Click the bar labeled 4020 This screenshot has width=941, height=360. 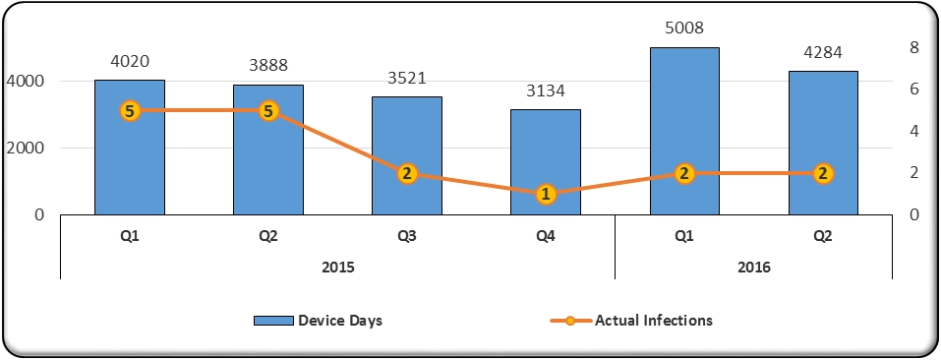pos(130,157)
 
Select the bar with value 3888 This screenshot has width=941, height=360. pos(268,157)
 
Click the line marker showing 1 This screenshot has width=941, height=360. pos(546,195)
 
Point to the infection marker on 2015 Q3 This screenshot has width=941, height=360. pos(407,174)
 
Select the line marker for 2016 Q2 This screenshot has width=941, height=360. pos(824,174)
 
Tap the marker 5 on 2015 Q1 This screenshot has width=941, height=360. pos(130,111)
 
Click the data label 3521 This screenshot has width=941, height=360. pos(407,78)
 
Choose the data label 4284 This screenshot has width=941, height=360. pos(824,52)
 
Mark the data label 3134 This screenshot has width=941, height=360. pos(546,90)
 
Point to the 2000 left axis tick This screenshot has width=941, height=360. pos(27,148)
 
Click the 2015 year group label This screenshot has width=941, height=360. pos(337,267)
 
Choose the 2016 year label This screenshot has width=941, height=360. pos(754,267)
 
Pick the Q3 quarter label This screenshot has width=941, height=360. pos(407,236)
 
